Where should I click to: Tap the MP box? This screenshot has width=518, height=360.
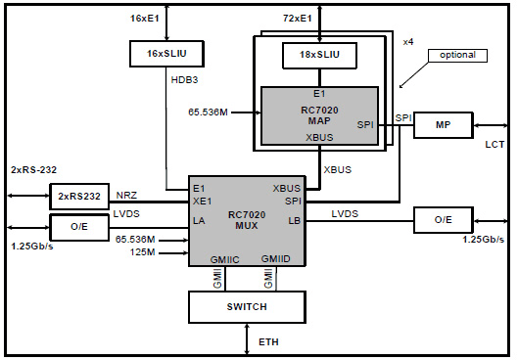443,124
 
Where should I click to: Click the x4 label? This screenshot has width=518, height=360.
408,41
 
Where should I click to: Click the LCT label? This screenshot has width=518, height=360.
494,145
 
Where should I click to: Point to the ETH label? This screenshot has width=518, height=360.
268,342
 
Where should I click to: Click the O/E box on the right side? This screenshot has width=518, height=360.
444,220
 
